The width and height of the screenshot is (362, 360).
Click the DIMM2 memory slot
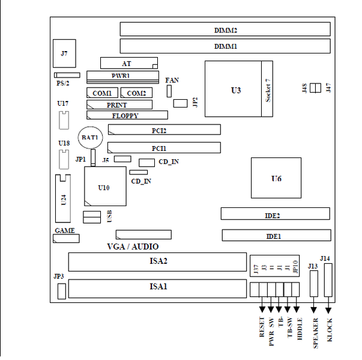tap(225, 29)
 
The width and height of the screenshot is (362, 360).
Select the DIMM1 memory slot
tap(225, 46)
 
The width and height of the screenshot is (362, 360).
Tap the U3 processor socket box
tap(236, 90)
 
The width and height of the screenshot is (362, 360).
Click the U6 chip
tap(276, 177)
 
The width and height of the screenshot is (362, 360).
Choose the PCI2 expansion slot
tap(164, 130)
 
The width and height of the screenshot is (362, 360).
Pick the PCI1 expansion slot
tap(164, 147)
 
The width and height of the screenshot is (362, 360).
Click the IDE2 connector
tap(275, 214)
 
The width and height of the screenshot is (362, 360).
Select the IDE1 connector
tap(275, 236)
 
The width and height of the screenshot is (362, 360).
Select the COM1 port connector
tap(102, 93)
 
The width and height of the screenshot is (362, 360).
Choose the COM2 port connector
tap(136, 93)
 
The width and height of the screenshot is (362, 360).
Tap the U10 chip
tap(105, 187)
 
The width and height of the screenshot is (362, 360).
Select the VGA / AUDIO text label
tap(133, 246)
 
